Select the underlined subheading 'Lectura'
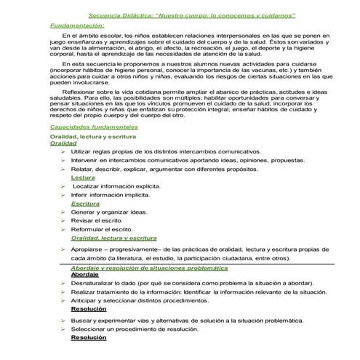click(x=83, y=177)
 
